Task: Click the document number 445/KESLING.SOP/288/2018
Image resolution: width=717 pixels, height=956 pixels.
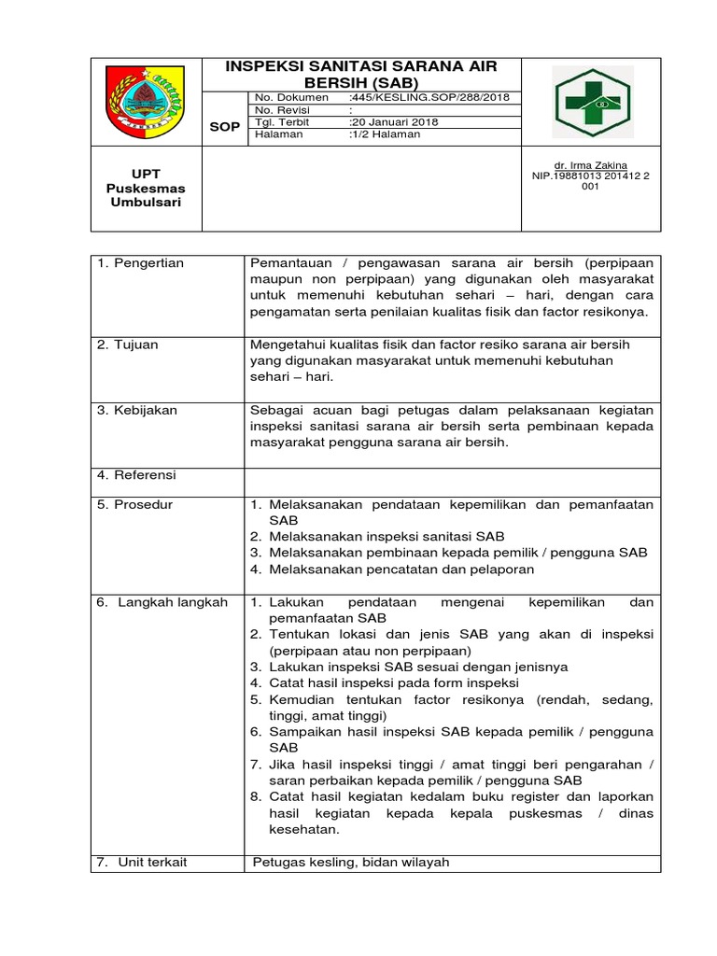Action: point(421,97)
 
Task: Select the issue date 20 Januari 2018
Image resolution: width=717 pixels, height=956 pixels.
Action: point(393,122)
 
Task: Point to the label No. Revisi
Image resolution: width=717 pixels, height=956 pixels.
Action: point(282,110)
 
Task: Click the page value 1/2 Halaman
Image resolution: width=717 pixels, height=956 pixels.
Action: point(384,134)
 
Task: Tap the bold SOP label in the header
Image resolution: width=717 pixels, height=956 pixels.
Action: point(224,126)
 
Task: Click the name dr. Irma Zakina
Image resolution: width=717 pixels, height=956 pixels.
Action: point(590,164)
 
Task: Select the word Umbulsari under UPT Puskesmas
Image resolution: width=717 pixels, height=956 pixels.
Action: point(143,203)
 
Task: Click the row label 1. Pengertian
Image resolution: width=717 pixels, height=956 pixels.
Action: point(141,263)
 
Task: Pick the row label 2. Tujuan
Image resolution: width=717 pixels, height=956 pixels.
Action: point(128,344)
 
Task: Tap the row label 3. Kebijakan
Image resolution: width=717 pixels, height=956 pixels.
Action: point(137,410)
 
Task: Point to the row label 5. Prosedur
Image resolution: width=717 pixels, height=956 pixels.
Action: point(135,505)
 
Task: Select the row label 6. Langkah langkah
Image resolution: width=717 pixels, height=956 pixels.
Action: point(162,602)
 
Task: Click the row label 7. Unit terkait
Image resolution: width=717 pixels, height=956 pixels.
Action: point(142,862)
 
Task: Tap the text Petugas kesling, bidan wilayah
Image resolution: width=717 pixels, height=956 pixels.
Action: point(351,862)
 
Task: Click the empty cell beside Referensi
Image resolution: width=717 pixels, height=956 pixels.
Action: point(452,476)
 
